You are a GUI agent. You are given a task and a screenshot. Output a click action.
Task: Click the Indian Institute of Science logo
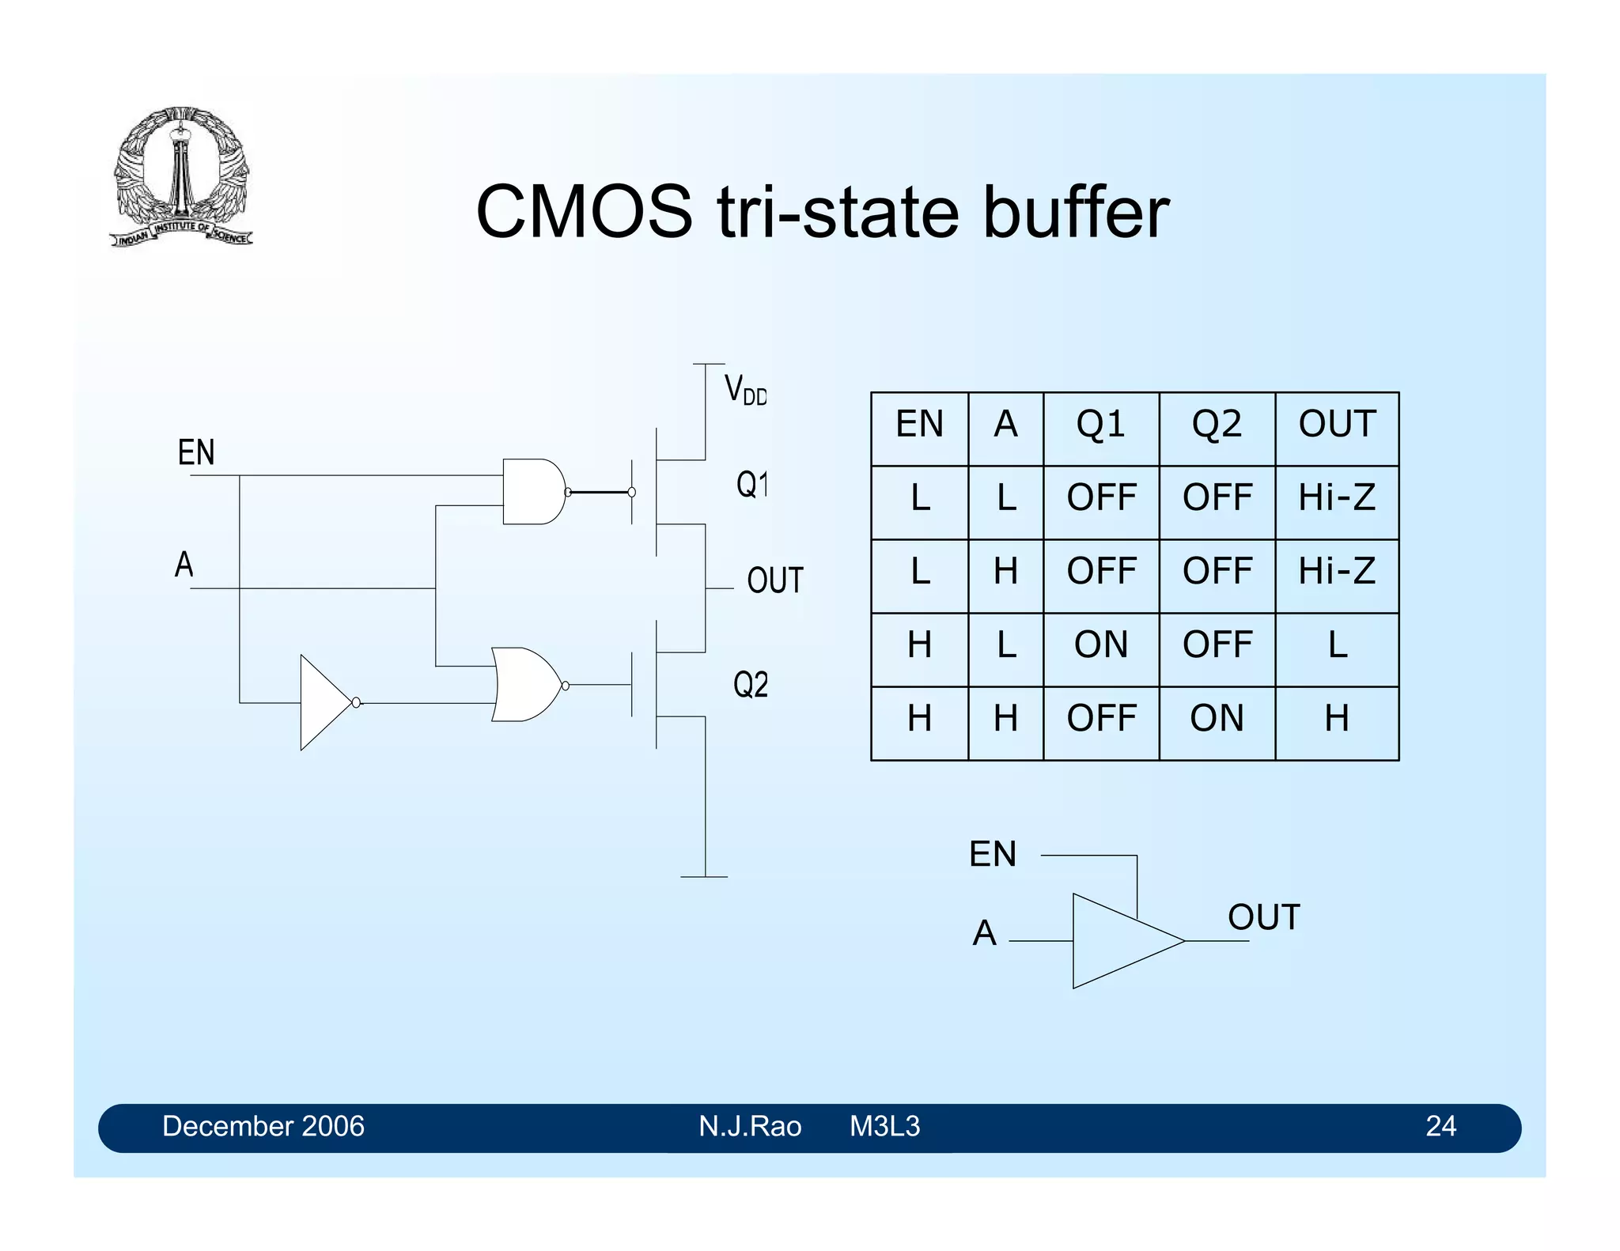tap(182, 176)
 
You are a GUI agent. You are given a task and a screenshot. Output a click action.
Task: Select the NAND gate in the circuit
tap(532, 492)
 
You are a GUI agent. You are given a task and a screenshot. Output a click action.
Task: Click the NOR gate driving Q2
tap(524, 685)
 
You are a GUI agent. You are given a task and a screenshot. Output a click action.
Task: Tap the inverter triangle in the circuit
tap(324, 702)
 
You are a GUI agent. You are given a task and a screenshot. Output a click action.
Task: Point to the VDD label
tap(744, 390)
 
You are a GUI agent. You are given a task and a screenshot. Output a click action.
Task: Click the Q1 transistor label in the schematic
tap(751, 484)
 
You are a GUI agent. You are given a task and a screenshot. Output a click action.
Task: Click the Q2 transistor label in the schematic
tap(750, 685)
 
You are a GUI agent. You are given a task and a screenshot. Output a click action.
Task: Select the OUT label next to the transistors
tap(774, 580)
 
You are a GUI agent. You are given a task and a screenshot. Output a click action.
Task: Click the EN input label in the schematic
tap(195, 452)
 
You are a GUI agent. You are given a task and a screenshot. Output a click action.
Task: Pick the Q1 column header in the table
tap(1100, 425)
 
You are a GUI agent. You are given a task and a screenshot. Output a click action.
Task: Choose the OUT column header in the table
tap(1337, 425)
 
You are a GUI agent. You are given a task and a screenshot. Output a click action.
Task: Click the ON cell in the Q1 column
tap(1100, 645)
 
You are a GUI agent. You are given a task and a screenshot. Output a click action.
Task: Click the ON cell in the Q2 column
tap(1217, 719)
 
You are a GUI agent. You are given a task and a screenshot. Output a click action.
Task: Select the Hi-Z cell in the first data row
tap(1337, 498)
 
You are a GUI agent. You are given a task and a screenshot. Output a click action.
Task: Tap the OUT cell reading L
tap(1337, 645)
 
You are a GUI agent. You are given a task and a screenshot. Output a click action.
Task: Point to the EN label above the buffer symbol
tap(992, 855)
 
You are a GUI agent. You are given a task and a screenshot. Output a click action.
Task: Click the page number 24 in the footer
tap(1440, 1126)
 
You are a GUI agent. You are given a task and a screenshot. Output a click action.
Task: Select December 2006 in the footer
tap(263, 1126)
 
